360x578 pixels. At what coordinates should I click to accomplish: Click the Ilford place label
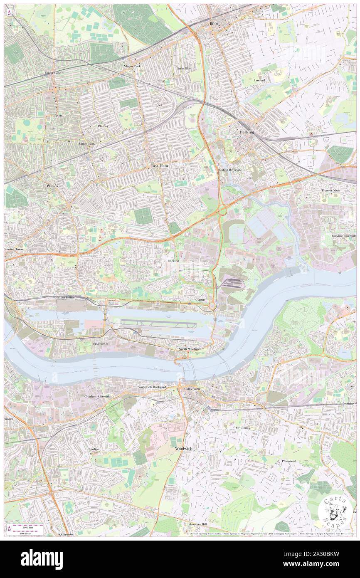[x=215, y=24]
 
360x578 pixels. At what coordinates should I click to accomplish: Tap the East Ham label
[x=159, y=165]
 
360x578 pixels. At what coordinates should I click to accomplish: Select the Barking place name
[x=247, y=132]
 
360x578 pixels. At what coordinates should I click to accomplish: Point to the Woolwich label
[x=182, y=449]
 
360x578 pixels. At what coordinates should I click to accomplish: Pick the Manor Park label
[x=132, y=66]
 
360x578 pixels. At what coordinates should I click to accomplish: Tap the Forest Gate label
[x=53, y=73]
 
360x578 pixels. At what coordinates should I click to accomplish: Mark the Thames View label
[x=330, y=190]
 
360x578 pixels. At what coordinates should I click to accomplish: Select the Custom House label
[x=64, y=298]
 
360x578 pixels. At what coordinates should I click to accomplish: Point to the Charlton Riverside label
[x=97, y=396]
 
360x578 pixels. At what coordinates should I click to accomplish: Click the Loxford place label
[x=260, y=80]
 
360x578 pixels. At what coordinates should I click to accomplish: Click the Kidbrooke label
[x=66, y=534]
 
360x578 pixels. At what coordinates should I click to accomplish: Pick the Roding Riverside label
[x=230, y=170]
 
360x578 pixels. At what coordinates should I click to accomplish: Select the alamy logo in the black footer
[x=42, y=559]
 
